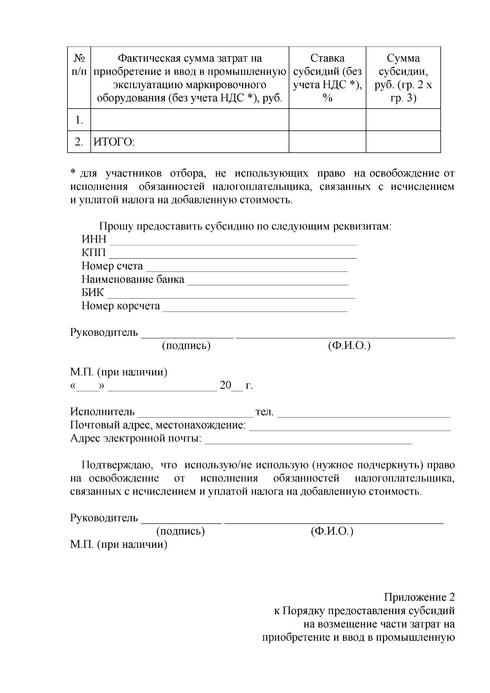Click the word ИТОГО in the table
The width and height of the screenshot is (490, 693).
[114, 142]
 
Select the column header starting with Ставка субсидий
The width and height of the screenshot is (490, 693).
[327, 78]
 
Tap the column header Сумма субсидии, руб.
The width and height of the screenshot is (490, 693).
[403, 78]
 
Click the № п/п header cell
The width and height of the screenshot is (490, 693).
[79, 65]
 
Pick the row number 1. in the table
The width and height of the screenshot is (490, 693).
[79, 120]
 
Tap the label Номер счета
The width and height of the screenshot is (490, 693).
[112, 266]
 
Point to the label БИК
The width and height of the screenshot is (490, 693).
[93, 293]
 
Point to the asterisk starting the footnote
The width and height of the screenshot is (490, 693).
[73, 173]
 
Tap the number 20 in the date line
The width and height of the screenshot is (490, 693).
[225, 385]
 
